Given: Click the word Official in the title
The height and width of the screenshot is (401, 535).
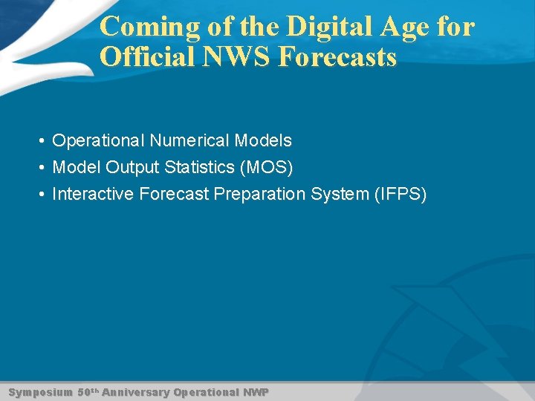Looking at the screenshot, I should [145, 57].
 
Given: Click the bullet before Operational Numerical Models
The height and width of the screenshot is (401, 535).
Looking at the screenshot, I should [45, 141].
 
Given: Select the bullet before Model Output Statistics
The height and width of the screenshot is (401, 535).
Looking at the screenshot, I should [45, 168].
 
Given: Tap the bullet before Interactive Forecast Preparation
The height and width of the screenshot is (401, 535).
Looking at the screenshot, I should [45, 195].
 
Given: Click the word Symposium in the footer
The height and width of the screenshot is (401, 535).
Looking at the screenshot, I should [40, 391].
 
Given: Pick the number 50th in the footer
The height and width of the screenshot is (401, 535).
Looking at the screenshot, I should [88, 391].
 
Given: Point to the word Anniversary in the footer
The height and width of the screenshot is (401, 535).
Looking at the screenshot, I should [136, 391].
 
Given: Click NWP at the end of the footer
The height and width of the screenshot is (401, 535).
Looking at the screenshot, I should [256, 391].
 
